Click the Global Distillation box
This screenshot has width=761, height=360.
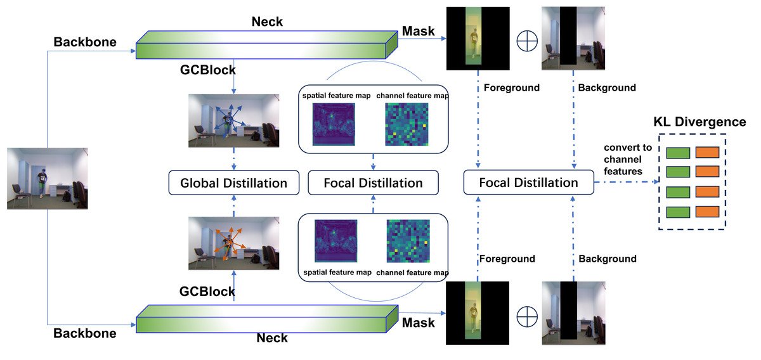pyautogui.click(x=233, y=183)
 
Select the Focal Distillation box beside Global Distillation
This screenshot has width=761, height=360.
pyautogui.click(x=373, y=183)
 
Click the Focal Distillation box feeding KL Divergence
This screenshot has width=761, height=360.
pyautogui.click(x=528, y=183)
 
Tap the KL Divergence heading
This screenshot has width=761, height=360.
pyautogui.click(x=699, y=122)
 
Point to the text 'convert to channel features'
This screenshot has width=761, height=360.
pyautogui.click(x=627, y=158)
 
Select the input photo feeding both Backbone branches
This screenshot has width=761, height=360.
pyautogui.click(x=48, y=179)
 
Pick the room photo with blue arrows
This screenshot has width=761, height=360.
pyautogui.click(x=233, y=120)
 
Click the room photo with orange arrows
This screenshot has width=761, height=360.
pyautogui.click(x=233, y=243)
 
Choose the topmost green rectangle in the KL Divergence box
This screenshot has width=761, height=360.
pyautogui.click(x=678, y=152)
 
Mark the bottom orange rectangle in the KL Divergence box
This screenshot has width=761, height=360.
pyautogui.click(x=706, y=211)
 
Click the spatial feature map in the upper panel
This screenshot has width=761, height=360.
pyautogui.click(x=333, y=124)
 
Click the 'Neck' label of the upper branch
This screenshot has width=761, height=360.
pyautogui.click(x=267, y=22)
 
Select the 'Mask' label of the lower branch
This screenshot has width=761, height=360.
pyautogui.click(x=419, y=323)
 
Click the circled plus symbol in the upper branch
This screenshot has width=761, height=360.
pyautogui.click(x=526, y=41)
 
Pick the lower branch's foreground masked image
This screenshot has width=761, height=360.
pyautogui.click(x=478, y=312)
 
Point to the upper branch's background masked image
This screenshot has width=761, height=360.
pyautogui.click(x=573, y=37)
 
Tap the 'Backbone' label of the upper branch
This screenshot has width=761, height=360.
pyautogui.click(x=85, y=42)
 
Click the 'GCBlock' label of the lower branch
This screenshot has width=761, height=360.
pyautogui.click(x=207, y=292)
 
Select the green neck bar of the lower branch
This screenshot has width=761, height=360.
pyautogui.click(x=266, y=318)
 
